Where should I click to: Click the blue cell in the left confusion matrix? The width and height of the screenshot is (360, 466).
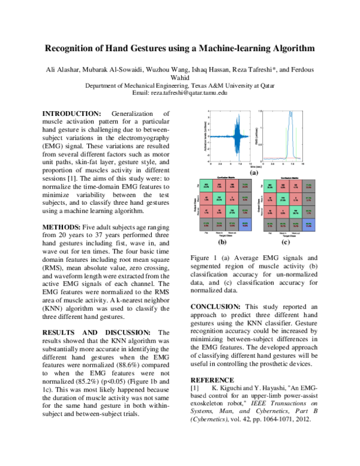click(x=245, y=225)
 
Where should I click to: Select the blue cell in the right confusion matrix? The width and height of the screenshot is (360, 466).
click(x=308, y=225)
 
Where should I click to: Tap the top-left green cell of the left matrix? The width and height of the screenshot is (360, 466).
click(x=206, y=185)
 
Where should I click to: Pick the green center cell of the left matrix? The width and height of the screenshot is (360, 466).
click(x=219, y=198)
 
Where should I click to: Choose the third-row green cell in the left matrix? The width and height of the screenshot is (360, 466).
click(x=232, y=211)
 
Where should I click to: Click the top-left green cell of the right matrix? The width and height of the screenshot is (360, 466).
click(x=270, y=186)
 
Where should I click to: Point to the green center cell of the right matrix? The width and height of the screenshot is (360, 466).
click(x=283, y=199)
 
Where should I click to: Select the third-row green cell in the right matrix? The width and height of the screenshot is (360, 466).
click(x=295, y=212)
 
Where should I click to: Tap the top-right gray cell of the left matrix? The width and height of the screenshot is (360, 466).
click(x=245, y=185)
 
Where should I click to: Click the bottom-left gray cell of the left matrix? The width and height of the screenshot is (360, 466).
click(x=206, y=225)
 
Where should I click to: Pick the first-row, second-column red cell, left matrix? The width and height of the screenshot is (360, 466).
click(x=219, y=185)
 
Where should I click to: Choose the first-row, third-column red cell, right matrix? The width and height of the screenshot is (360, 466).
click(x=295, y=186)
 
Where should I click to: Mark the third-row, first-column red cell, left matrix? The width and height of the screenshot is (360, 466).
click(x=206, y=211)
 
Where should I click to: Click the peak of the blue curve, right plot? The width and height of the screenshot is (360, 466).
click(x=290, y=113)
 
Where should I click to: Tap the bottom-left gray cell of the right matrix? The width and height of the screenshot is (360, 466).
click(x=270, y=225)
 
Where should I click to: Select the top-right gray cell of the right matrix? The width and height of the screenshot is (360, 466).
click(x=308, y=186)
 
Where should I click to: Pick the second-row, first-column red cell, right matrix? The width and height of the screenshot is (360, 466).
click(x=270, y=199)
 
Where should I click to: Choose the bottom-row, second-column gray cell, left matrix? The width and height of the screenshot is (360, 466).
click(x=219, y=225)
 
